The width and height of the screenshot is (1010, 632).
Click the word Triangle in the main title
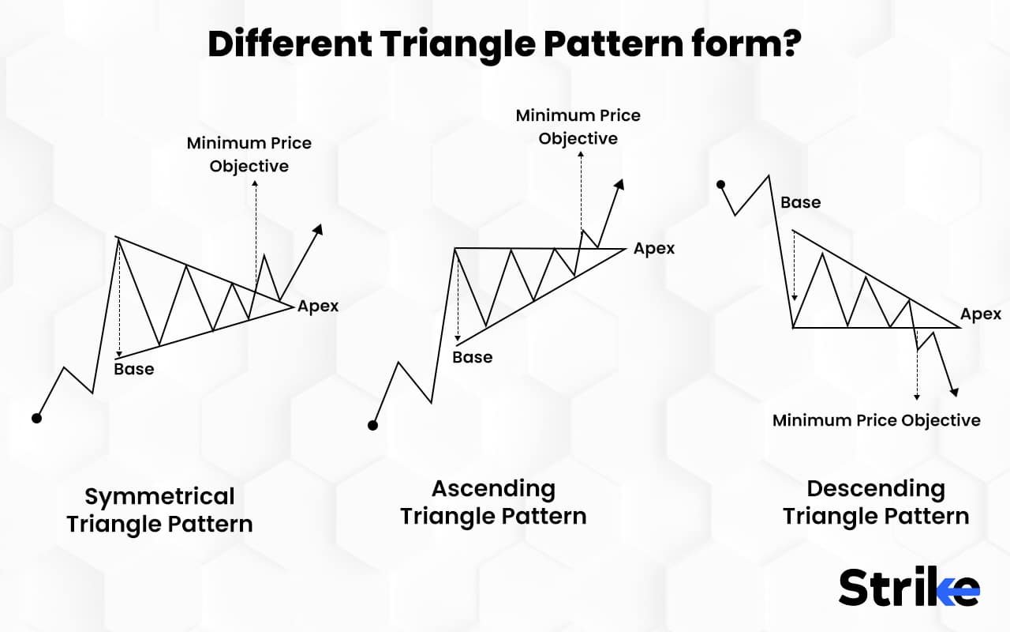pyautogui.click(x=458, y=45)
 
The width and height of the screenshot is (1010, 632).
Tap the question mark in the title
pyautogui.click(x=791, y=43)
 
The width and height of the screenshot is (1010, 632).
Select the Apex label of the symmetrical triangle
pyautogui.click(x=318, y=307)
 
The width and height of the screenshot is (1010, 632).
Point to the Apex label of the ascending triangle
pyautogui.click(x=654, y=249)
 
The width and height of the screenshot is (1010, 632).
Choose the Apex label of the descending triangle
pyautogui.click(x=981, y=314)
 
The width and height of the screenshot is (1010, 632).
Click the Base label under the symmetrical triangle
pyautogui.click(x=134, y=369)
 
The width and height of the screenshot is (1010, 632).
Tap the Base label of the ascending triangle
pyautogui.click(x=473, y=358)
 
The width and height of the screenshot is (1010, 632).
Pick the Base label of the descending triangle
pyautogui.click(x=801, y=203)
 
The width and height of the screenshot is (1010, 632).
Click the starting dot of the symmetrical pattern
pyautogui.click(x=36, y=419)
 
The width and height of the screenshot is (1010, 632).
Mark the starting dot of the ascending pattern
pyautogui.click(x=372, y=425)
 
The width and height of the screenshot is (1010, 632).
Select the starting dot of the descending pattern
pyautogui.click(x=720, y=184)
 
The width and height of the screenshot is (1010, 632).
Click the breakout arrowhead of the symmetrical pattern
pyautogui.click(x=318, y=229)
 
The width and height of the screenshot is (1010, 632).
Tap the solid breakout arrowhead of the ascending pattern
pyautogui.click(x=619, y=184)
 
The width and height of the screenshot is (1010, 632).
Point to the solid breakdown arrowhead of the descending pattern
pyautogui.click(x=954, y=393)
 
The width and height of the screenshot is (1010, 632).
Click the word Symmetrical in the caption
pyautogui.click(x=159, y=497)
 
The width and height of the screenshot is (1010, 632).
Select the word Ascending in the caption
pyautogui.click(x=494, y=489)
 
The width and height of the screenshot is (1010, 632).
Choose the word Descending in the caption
pyautogui.click(x=876, y=489)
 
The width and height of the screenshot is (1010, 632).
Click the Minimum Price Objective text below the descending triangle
pyautogui.click(x=877, y=421)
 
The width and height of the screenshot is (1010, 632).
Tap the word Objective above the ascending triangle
pyautogui.click(x=578, y=139)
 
